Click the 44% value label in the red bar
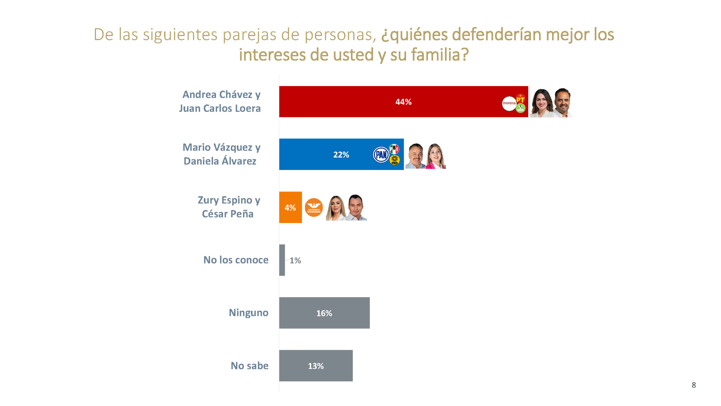[x=403, y=102]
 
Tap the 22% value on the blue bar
[x=341, y=155]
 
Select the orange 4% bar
[x=290, y=207]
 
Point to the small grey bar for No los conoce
[x=282, y=260]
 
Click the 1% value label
[x=295, y=260]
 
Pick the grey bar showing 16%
[x=324, y=313]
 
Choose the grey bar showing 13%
[x=315, y=366]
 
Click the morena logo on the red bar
[x=509, y=103]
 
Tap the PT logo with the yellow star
[x=520, y=99]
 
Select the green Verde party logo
[x=520, y=108]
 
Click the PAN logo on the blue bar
[x=381, y=155]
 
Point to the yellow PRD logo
[x=394, y=160]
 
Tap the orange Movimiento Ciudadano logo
[x=313, y=208]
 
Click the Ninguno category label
[x=248, y=313]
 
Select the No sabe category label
[x=249, y=366]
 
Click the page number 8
[x=693, y=385]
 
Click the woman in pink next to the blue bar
[x=435, y=156]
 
